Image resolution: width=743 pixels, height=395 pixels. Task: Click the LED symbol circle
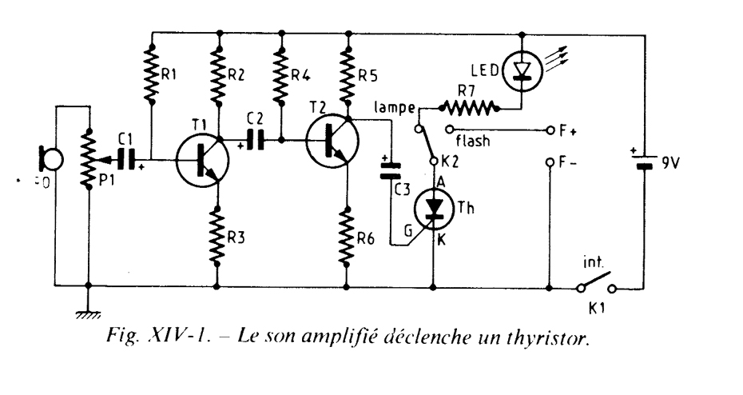(x=520, y=73)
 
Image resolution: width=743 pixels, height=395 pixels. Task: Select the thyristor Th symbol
(x=434, y=209)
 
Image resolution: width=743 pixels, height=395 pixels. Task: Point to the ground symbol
(x=86, y=313)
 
